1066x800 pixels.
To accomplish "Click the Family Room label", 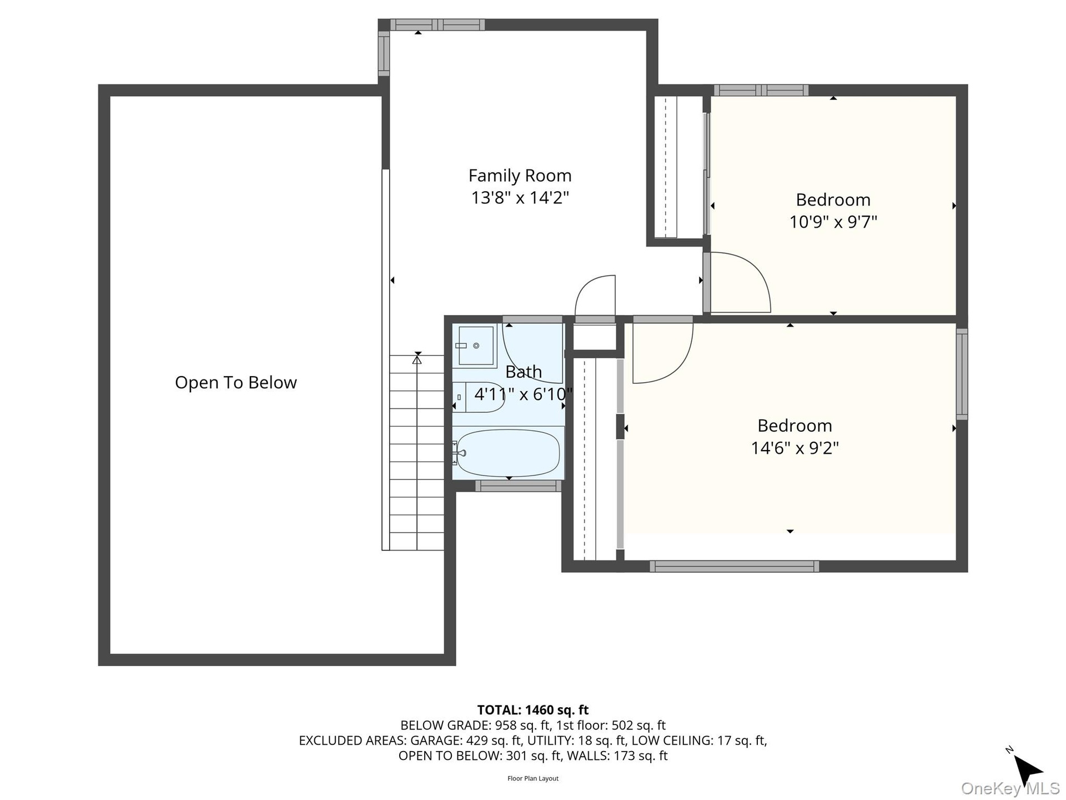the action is coord(520,176).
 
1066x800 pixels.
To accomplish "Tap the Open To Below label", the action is coord(236,382).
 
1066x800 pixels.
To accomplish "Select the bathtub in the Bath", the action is coord(508,453).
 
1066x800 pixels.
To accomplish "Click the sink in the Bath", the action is coord(475,346).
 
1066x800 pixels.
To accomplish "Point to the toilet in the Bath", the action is coord(478,397).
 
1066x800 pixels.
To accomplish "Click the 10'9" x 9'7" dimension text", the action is coord(833,222).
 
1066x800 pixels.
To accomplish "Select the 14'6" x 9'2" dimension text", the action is coord(795,448).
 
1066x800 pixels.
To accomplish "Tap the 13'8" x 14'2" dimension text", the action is coord(520,198).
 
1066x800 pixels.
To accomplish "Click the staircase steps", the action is coord(416,453).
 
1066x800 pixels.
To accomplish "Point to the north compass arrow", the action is coord(1027,771).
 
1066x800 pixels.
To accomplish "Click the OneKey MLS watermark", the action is coord(1010,788).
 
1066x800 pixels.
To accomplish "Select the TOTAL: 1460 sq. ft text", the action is coord(533,710).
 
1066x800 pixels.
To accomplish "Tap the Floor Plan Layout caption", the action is coord(533,778).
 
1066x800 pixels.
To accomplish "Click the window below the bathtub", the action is coord(519,486).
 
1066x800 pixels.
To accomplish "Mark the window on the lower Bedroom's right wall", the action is coord(962,374).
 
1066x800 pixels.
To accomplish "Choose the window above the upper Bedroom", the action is coord(761,90).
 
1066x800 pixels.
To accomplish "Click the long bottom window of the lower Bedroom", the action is coord(735,566).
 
